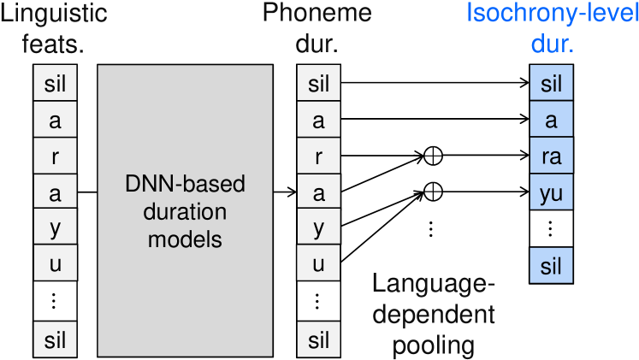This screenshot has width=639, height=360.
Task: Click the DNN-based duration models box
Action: (x=185, y=210)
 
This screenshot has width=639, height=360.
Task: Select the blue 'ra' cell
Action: (x=552, y=156)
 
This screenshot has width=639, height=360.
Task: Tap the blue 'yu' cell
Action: (x=552, y=192)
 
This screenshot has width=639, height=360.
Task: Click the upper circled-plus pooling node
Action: (x=433, y=156)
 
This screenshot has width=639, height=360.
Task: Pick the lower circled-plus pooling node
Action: (x=433, y=192)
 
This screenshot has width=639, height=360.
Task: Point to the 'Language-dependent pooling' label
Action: (x=434, y=315)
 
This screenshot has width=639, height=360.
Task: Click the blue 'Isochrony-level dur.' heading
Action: (x=553, y=27)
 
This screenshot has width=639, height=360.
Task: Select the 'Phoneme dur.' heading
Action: (x=317, y=27)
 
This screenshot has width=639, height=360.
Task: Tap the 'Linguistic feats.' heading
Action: (x=53, y=27)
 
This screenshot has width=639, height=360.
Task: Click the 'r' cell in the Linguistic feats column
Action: (x=55, y=156)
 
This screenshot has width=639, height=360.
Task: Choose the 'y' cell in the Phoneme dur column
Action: (x=319, y=227)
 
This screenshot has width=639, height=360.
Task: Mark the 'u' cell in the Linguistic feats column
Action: (x=55, y=263)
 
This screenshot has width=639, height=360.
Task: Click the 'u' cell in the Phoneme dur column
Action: (x=319, y=263)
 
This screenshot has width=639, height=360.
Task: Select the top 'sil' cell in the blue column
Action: (x=552, y=83)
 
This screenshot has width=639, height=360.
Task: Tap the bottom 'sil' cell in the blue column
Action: (x=552, y=265)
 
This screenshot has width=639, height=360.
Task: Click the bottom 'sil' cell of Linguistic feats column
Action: (x=55, y=339)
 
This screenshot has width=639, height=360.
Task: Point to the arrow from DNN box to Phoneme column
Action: (x=285, y=192)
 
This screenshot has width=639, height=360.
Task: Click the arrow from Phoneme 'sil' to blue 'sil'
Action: (x=435, y=83)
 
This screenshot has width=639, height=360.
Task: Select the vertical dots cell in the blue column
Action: (x=552, y=228)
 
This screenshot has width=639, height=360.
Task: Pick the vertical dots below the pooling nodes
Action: (x=431, y=229)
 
